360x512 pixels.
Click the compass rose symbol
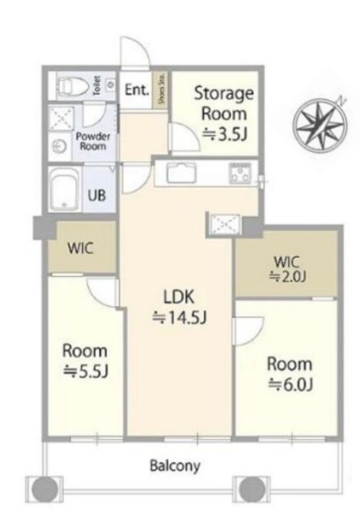tap(319, 125)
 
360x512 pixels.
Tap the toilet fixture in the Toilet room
tap(73, 86)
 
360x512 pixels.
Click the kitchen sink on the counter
tap(182, 172)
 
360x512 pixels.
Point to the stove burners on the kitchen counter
tap(240, 173)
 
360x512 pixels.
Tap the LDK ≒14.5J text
tap(179, 307)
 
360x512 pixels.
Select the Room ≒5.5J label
tap(85, 361)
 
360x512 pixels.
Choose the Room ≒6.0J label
tap(290, 374)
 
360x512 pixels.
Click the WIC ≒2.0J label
tap(287, 270)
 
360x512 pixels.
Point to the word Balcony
tap(174, 466)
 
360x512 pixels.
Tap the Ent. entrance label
tap(137, 90)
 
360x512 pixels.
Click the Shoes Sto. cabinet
tap(161, 89)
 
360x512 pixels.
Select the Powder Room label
tap(93, 141)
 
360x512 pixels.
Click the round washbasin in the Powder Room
tap(60, 146)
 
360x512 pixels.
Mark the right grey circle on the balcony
tap(252, 489)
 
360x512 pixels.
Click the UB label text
tap(97, 195)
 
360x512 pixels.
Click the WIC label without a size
tap(80, 249)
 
